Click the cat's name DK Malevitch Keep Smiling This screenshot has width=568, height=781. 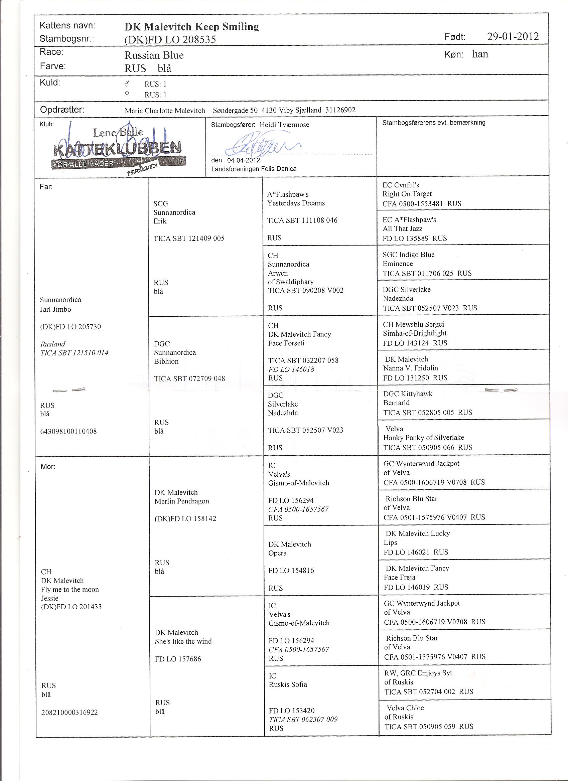pyautogui.click(x=191, y=26)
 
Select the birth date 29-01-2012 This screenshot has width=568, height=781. pyautogui.click(x=513, y=36)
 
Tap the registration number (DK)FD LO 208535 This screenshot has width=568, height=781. pyautogui.click(x=170, y=40)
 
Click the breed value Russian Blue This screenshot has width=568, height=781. pyautogui.click(x=154, y=55)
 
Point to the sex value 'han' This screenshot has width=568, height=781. pyautogui.click(x=480, y=54)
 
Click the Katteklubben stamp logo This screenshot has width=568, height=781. pyautogui.click(x=117, y=150)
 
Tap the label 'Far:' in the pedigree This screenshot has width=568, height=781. pyautogui.click(x=46, y=187)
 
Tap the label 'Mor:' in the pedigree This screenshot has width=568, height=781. pyautogui.click(x=47, y=467)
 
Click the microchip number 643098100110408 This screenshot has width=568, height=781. pyautogui.click(x=68, y=431)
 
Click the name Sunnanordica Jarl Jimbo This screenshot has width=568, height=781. pyautogui.click(x=60, y=304)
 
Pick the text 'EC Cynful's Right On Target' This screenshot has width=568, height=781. pyautogui.click(x=407, y=189)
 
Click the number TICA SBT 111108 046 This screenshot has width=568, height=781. pyautogui.click(x=302, y=220)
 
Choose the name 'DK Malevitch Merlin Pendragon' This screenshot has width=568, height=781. pyautogui.click(x=181, y=497)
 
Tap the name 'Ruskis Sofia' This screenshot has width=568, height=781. pyautogui.click(x=288, y=684)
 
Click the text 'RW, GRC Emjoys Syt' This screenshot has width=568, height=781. pyautogui.click(x=418, y=672)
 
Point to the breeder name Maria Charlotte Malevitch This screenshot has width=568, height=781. pyautogui.click(x=165, y=111)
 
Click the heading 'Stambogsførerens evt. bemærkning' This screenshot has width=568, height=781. pyautogui.click(x=434, y=123)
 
